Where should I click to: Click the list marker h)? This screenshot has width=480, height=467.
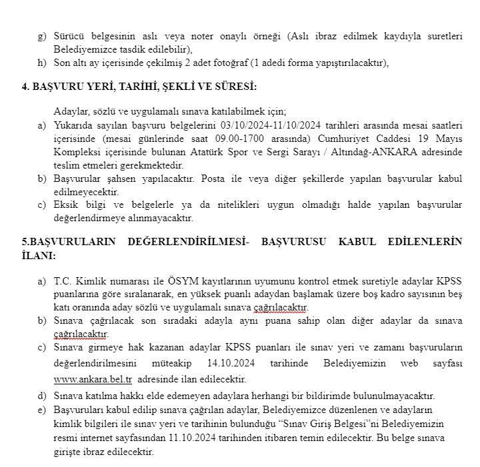tap(41, 63)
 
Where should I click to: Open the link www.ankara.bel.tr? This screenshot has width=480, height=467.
tap(93, 379)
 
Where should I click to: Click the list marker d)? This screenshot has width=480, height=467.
tap(41, 395)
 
